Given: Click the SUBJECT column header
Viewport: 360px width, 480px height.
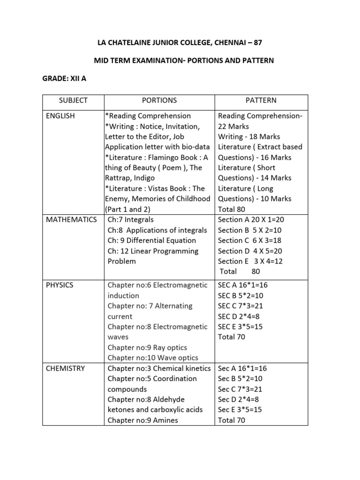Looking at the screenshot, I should [73, 100].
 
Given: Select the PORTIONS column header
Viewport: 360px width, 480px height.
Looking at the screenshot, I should [159, 100].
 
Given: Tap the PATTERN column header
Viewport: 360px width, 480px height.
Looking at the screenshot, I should [261, 100].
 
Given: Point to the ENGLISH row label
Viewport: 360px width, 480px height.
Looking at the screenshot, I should [60, 116].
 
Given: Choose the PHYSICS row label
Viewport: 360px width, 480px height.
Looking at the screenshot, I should [60, 285].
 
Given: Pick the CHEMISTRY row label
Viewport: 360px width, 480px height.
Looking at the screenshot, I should [65, 368].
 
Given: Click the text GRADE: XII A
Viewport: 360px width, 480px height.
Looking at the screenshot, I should [64, 79].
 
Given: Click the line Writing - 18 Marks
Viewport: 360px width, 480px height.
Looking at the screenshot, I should [249, 136].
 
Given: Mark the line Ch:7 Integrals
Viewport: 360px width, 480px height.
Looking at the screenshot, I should [130, 219].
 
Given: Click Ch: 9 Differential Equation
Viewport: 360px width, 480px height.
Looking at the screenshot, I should [151, 240].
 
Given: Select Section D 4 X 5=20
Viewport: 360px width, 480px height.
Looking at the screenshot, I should [250, 251].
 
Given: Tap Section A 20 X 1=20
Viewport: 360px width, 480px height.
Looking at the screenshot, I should [250, 219].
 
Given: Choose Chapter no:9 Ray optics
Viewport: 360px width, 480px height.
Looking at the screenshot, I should [147, 347].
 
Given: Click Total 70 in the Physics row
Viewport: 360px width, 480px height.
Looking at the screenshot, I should [232, 337].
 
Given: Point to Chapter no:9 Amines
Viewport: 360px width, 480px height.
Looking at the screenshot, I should [142, 420].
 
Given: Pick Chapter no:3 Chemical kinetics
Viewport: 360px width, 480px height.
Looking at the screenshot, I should [158, 368].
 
